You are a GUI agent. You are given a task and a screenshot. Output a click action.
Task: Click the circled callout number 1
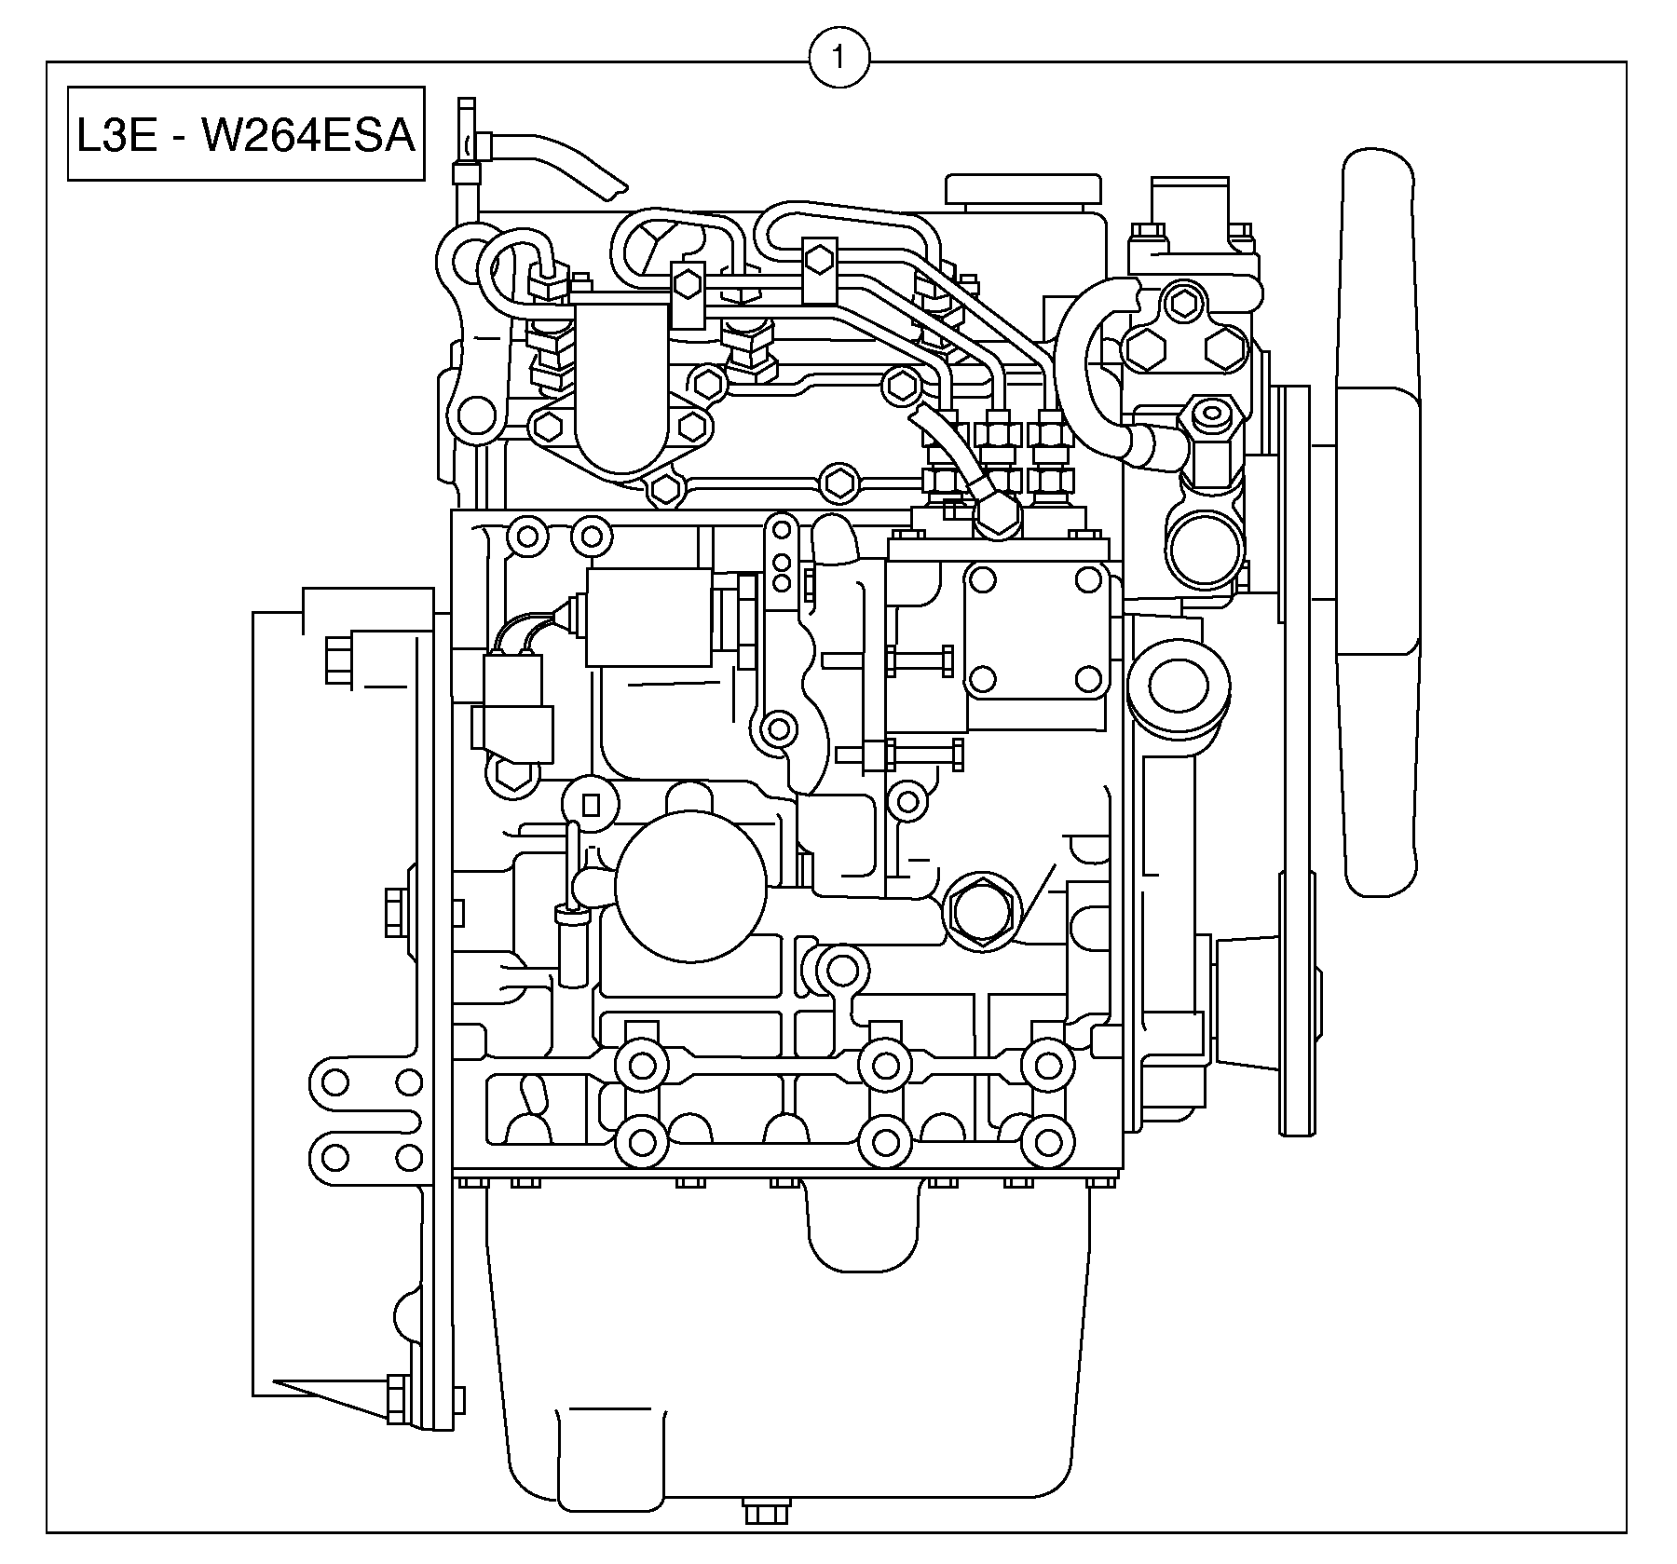(x=838, y=59)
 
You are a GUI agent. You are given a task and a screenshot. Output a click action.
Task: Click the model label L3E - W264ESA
(x=246, y=135)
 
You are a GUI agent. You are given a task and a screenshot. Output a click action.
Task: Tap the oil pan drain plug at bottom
(x=767, y=1539)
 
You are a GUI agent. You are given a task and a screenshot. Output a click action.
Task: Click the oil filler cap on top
(x=1022, y=189)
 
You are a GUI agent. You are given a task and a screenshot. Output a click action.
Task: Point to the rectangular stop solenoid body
(x=648, y=618)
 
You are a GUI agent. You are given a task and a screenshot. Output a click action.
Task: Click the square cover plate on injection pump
(x=1034, y=630)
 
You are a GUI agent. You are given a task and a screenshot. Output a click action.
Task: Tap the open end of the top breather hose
(x=615, y=190)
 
